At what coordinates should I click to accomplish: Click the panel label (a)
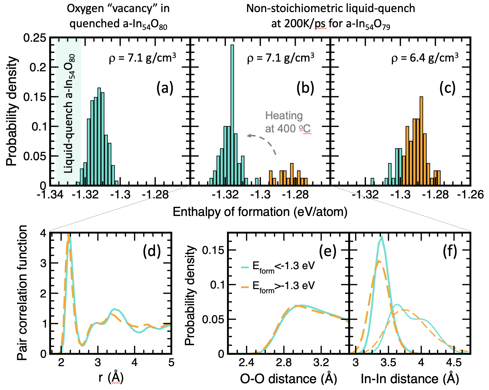[x=165, y=88]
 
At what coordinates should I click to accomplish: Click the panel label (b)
[x=305, y=88]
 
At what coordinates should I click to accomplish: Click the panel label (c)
[x=447, y=88]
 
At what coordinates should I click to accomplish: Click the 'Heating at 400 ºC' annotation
[x=287, y=122]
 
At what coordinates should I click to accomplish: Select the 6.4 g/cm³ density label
[x=425, y=58]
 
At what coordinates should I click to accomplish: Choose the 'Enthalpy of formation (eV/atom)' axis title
[x=260, y=212]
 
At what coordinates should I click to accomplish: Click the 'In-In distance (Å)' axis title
[x=410, y=379]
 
